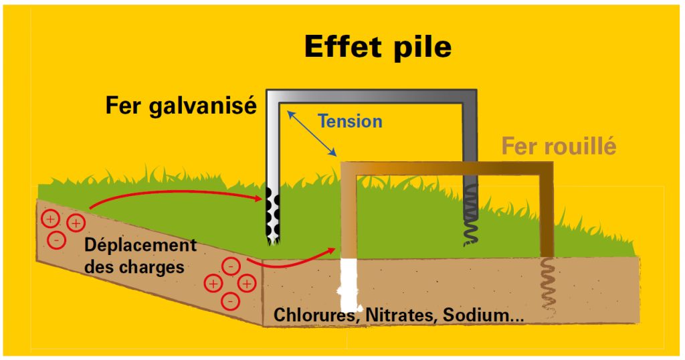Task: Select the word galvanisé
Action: point(213,105)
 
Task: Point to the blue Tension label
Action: point(350,122)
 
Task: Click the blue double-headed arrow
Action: point(312,134)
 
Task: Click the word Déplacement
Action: point(140,245)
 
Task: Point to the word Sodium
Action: point(479,315)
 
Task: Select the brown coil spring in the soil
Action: point(547,287)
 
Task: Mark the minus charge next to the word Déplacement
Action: point(58,239)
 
